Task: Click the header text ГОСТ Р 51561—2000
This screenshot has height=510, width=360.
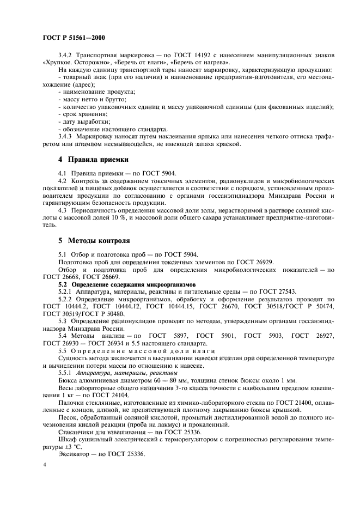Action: click(74, 38)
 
